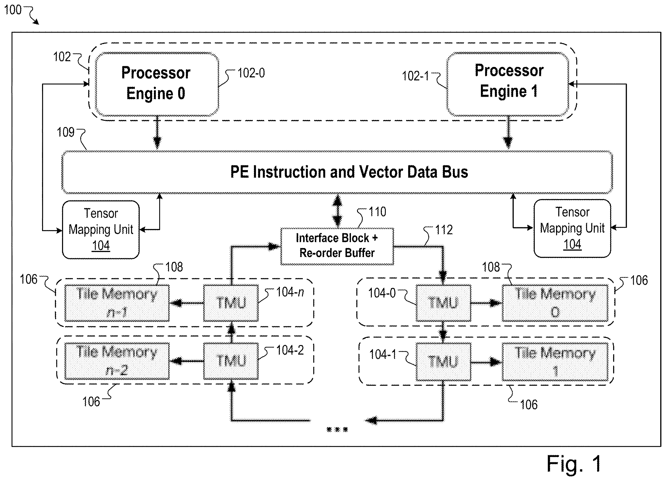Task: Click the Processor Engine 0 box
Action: pyautogui.click(x=157, y=84)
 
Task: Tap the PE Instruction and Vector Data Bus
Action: pyautogui.click(x=337, y=172)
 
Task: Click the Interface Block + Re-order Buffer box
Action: pyautogui.click(x=337, y=247)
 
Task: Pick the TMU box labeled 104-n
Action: pyautogui.click(x=231, y=303)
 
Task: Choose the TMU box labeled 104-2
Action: pyautogui.click(x=231, y=361)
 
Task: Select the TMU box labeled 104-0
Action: pyautogui.click(x=443, y=303)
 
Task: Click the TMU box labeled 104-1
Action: pyautogui.click(x=443, y=362)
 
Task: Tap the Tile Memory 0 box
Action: pyautogui.click(x=555, y=303)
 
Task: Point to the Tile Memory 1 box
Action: pyautogui.click(x=555, y=362)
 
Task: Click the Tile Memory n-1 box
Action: pyautogui.click(x=117, y=303)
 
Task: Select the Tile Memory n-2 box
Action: pyautogui.click(x=117, y=361)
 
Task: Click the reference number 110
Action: pyautogui.click(x=377, y=212)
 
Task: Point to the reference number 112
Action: pyautogui.click(x=444, y=230)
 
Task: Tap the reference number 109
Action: pyautogui.click(x=65, y=132)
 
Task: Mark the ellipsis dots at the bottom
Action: pyautogui.click(x=337, y=430)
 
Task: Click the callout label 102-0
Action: pyautogui.click(x=251, y=73)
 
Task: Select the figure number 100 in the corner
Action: pyautogui.click(x=13, y=10)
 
